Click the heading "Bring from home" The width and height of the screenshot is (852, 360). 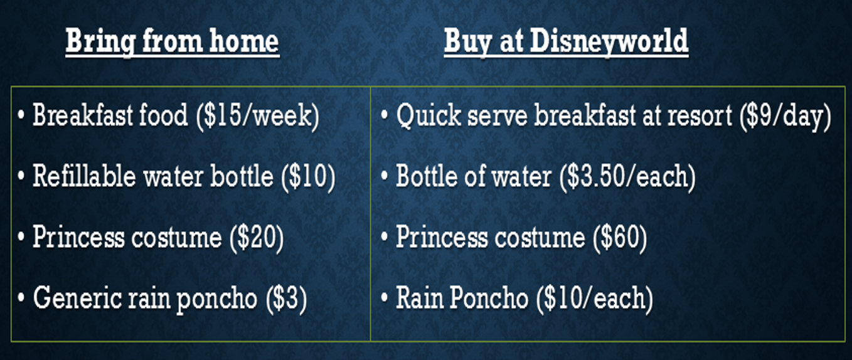click(173, 42)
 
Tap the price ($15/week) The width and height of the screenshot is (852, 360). click(257, 116)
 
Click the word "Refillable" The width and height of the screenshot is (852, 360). click(84, 176)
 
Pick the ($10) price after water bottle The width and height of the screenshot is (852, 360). click(308, 177)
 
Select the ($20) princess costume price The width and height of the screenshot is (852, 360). click(257, 238)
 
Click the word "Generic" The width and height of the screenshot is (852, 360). click(77, 298)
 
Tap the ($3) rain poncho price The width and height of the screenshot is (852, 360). click(287, 299)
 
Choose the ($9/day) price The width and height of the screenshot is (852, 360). click(785, 116)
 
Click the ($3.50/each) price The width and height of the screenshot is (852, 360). click(627, 177)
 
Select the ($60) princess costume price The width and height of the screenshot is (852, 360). click(620, 238)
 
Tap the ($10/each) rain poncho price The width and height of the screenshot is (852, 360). click(595, 299)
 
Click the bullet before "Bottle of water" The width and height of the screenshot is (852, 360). click(385, 177)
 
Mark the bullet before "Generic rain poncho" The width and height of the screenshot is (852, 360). click(21, 299)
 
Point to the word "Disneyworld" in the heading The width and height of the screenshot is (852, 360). click(609, 41)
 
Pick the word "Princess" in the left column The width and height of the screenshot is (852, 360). click(78, 236)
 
